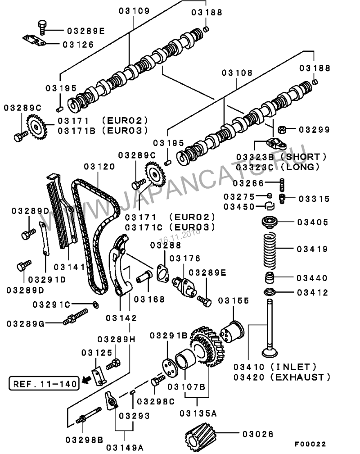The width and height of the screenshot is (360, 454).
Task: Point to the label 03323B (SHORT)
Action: (x=281, y=157)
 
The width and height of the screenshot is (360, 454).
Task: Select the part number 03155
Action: (x=234, y=300)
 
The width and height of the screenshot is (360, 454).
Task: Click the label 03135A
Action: (x=198, y=413)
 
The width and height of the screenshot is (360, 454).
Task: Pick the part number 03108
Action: (x=237, y=73)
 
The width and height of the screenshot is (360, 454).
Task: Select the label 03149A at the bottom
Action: (x=125, y=447)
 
